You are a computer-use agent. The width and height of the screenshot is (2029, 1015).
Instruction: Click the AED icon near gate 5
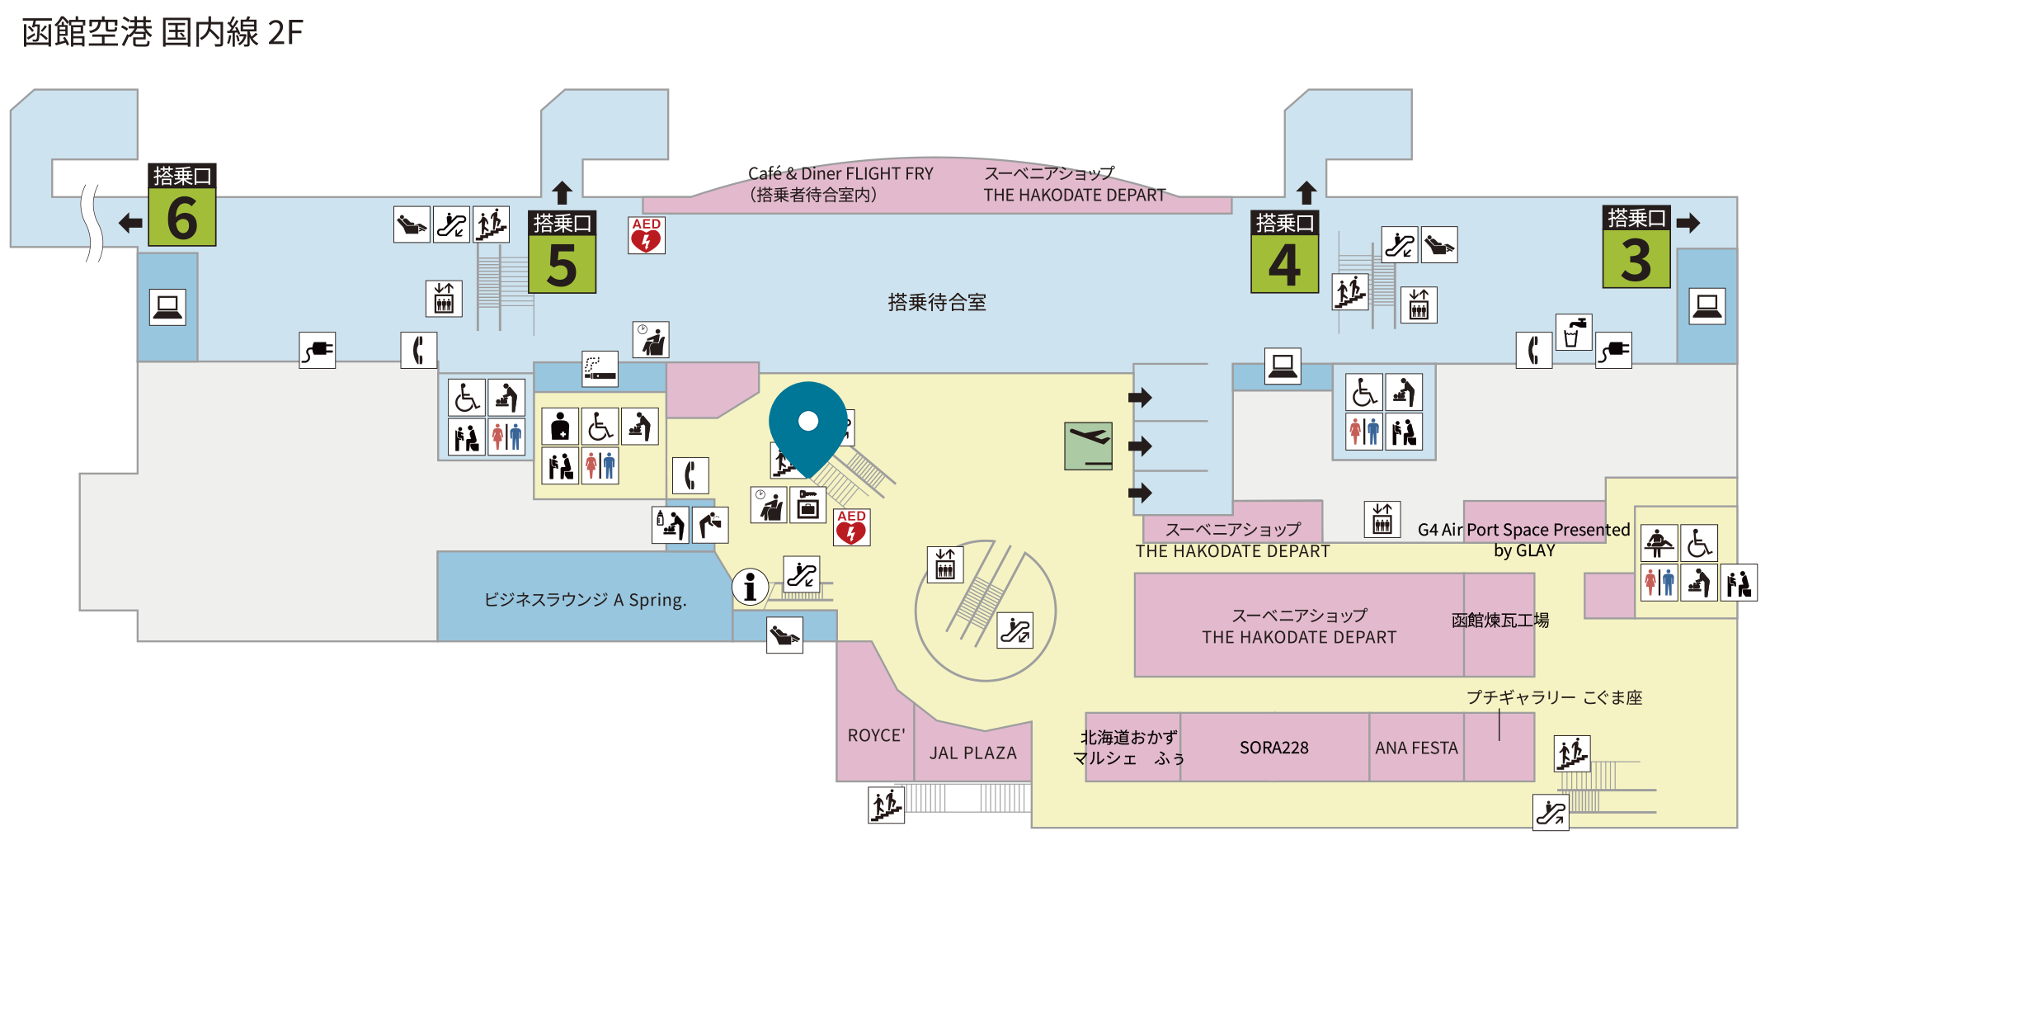647,235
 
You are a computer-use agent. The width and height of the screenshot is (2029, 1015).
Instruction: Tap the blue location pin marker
808,422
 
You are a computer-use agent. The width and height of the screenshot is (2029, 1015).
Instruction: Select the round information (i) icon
750,588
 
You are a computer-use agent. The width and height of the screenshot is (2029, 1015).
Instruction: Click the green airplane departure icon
1089,446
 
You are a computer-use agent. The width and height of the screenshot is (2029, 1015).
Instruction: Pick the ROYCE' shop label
876,735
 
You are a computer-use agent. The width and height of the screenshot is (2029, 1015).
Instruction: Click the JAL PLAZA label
973,753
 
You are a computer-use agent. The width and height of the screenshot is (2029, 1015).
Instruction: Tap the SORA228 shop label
1274,748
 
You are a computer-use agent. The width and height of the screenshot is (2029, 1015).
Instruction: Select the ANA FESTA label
1417,748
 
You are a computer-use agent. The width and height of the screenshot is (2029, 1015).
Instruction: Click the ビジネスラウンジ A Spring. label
585,600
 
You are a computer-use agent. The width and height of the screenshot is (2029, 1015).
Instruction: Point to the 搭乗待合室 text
937,302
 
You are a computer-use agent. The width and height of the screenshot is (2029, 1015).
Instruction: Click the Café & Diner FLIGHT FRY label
840,174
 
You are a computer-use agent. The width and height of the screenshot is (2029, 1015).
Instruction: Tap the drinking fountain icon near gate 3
1574,333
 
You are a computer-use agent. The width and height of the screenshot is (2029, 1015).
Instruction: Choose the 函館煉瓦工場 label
1500,620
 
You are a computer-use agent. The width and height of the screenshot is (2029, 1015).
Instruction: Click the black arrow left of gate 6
130,223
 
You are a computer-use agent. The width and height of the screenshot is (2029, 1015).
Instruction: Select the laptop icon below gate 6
167,307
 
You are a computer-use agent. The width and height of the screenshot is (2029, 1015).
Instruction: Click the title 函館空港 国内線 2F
162,33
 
